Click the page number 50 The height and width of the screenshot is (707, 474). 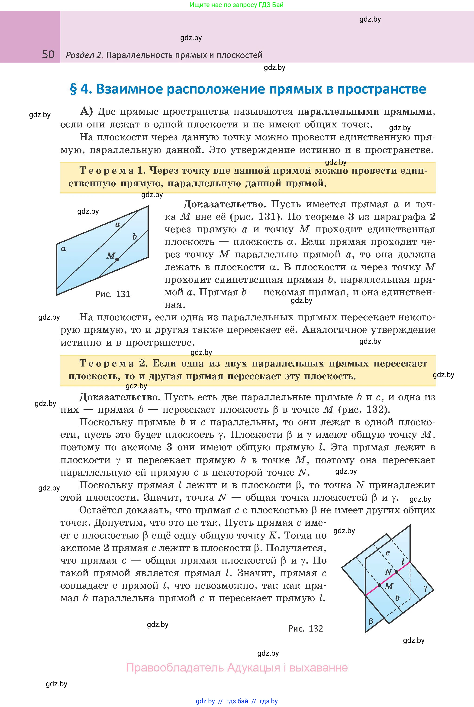pos(48,55)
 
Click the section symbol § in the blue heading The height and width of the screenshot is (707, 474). pos(73,89)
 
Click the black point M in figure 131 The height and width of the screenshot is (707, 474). pos(117,259)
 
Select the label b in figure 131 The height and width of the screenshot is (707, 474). pos(135,237)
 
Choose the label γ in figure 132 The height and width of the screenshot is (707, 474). pos(425,588)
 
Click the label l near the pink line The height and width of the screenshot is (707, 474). pos(403,561)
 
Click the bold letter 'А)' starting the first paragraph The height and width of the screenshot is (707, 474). pos(86,112)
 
